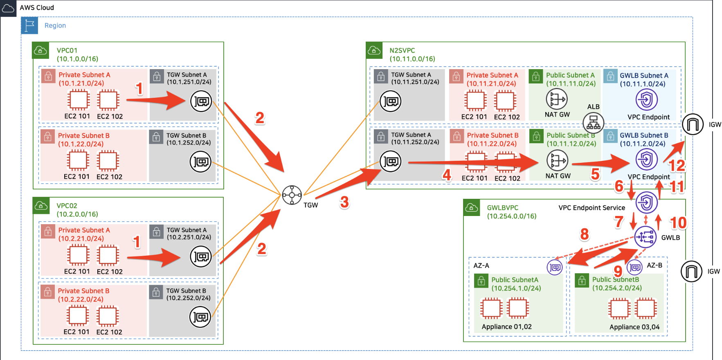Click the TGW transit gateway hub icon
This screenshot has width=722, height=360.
pos(292,195)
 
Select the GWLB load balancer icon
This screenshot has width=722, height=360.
pos(645,237)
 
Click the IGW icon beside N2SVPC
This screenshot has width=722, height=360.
pos(693,124)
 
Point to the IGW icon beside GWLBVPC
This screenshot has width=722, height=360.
pos(691,271)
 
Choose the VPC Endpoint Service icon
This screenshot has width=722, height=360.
pos(646,202)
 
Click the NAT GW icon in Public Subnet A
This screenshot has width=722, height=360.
pos(557,99)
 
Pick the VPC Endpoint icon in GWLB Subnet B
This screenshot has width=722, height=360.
pos(646,160)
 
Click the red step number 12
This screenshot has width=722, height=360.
pos(677,166)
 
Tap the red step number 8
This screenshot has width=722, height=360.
pos(585,234)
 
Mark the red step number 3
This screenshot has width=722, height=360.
pos(344,202)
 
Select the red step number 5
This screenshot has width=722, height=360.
pos(595,174)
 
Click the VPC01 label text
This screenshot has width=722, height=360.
pos(67,50)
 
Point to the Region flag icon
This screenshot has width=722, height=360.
pos(29,25)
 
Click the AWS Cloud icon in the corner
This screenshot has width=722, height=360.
pos(8,8)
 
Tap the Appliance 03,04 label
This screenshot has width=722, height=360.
pos(634,327)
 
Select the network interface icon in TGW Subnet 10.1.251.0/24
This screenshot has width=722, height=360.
pos(201,101)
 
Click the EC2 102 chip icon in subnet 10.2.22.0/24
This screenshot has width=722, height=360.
pos(108,316)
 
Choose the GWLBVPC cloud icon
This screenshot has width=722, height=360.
pos(471,208)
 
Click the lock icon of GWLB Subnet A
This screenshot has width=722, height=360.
pos(610,76)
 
